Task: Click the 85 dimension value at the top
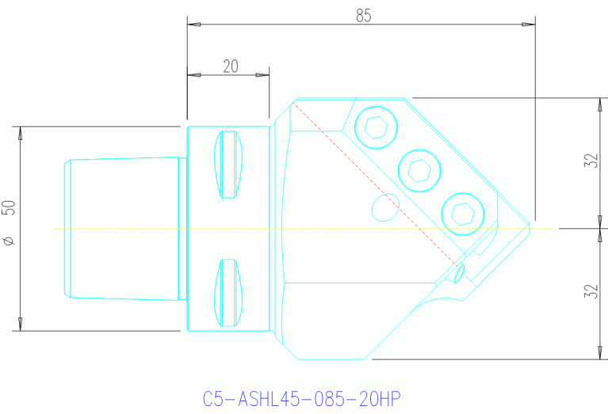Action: [x=364, y=15]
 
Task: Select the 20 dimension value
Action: [x=231, y=66]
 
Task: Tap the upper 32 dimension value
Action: [x=590, y=161]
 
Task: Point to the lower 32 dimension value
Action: [x=590, y=291]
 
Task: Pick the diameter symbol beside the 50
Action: [x=9, y=240]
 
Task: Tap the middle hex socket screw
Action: [x=419, y=169]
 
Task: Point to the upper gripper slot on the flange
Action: [x=228, y=165]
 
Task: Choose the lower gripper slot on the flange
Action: [x=228, y=293]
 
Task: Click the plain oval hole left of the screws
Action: [x=385, y=207]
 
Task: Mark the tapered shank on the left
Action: [x=123, y=228]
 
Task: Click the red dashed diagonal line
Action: [x=373, y=181]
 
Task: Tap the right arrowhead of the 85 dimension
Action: [x=530, y=25]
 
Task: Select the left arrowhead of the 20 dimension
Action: [x=192, y=75]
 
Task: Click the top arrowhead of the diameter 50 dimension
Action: [x=20, y=131]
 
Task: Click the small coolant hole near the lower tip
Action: [x=460, y=273]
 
